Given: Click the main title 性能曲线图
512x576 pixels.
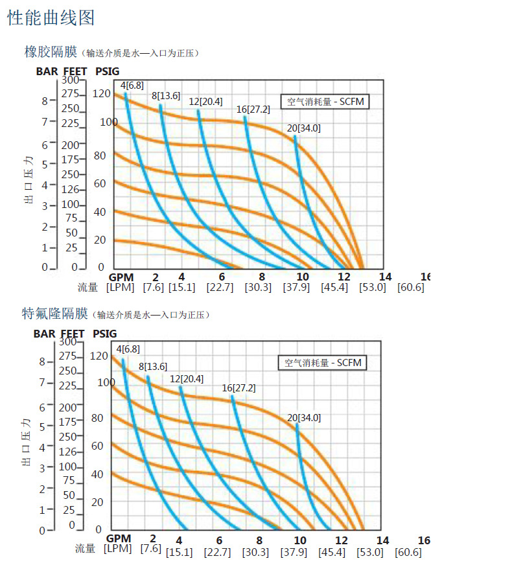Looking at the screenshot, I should (51, 17).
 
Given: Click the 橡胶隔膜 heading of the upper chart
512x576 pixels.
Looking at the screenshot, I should (51, 52).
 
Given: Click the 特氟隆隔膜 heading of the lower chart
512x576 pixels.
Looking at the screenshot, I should (55, 314).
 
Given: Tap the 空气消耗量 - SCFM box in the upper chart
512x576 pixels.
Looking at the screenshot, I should (325, 101).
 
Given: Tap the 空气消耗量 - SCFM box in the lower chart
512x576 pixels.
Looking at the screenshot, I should (322, 363).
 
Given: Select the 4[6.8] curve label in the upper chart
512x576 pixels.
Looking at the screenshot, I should (132, 85).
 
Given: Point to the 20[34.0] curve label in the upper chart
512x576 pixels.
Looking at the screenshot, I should (303, 128).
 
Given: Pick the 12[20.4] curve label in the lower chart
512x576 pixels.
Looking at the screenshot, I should (187, 378).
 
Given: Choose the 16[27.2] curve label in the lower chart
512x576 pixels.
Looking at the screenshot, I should (239, 388).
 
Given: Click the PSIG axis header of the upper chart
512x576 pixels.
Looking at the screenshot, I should (107, 71).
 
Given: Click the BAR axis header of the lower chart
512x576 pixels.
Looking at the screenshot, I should (45, 334).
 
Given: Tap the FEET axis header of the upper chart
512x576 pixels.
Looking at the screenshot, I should (74, 71).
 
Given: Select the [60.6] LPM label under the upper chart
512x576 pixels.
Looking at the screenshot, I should (411, 287).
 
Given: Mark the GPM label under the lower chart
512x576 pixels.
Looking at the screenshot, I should (119, 538).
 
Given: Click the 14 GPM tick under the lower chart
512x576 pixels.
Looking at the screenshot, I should (382, 540).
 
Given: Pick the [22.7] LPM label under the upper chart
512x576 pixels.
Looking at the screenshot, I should (220, 287).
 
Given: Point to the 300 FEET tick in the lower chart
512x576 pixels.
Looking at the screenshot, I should (68, 341).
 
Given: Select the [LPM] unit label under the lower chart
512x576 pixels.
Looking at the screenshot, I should (117, 549).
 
